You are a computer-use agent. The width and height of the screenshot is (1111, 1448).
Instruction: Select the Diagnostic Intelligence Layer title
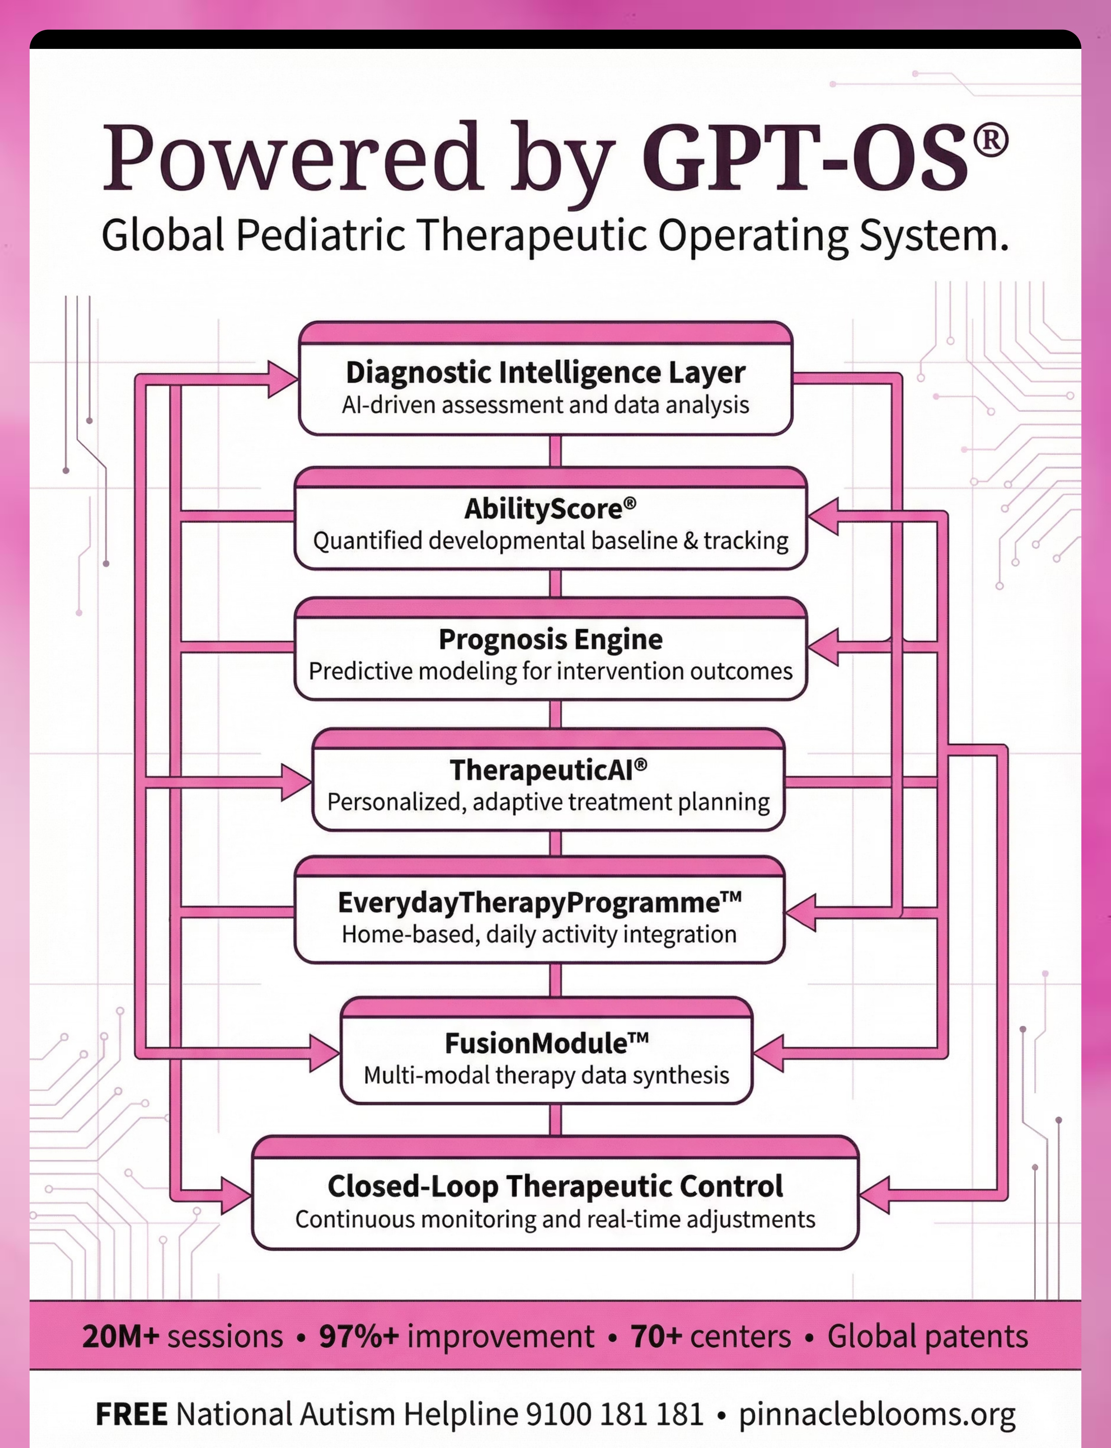546,372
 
